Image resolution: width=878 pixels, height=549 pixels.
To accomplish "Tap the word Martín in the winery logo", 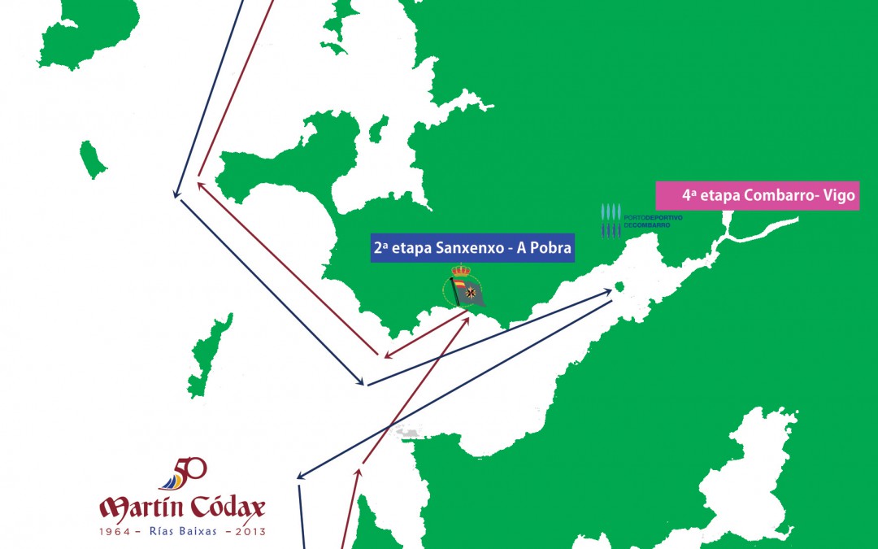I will click(x=141, y=509).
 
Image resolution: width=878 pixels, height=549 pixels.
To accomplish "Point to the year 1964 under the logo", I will click(x=115, y=531).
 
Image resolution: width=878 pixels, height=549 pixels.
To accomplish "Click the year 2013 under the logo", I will click(x=249, y=531).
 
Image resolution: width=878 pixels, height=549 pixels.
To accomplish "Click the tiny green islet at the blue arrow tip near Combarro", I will click(x=619, y=287).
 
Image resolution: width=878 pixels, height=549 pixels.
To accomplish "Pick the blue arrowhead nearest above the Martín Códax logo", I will click(x=300, y=477).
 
